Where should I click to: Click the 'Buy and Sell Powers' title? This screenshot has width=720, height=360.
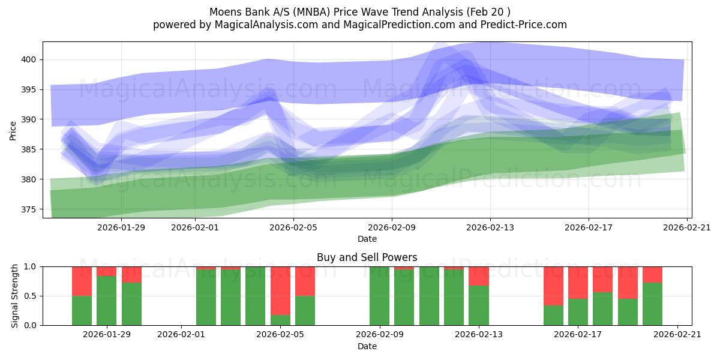tap(367, 257)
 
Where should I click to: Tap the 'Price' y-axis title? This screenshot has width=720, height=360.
tap(13, 130)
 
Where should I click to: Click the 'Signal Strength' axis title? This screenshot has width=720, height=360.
tap(15, 296)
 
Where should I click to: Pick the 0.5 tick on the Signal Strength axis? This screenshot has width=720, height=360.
tap(31, 296)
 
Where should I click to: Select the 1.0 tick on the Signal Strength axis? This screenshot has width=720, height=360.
tap(31, 266)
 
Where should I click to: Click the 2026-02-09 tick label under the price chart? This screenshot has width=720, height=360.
tap(392, 227)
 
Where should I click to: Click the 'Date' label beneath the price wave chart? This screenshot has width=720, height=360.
tap(367, 239)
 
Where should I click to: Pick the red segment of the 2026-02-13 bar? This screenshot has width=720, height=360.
tap(478, 275)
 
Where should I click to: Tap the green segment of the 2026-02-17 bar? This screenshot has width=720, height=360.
tap(578, 312)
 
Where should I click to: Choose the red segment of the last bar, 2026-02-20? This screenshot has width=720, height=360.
tap(652, 274)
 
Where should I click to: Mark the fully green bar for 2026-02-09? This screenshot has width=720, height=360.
tap(379, 296)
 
